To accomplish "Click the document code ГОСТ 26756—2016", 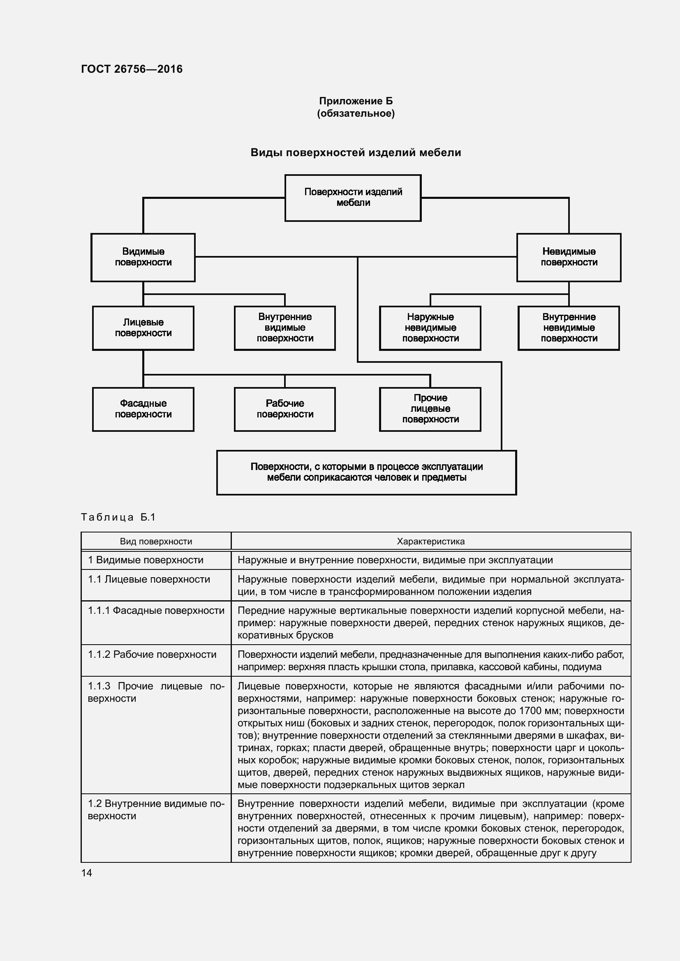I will pyautogui.click(x=132, y=69).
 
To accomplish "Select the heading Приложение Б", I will pyautogui.click(x=356, y=101).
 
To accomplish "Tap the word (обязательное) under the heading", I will pyautogui.click(x=356, y=113).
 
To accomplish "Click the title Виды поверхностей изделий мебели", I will pyautogui.click(x=356, y=153).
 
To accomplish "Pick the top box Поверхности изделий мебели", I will pyautogui.click(x=353, y=198).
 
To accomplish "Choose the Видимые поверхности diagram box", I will pyautogui.click(x=143, y=257).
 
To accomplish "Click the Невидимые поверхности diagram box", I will pyautogui.click(x=569, y=257).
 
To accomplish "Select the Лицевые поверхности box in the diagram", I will pyautogui.click(x=143, y=328).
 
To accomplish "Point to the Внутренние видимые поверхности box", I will pyautogui.click(x=285, y=328).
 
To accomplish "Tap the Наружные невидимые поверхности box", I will pyautogui.click(x=430, y=328).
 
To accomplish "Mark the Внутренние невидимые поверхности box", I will pyautogui.click(x=569, y=328).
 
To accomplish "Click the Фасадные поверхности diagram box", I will pyautogui.click(x=143, y=409).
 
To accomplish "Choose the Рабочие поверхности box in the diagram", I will pyautogui.click(x=285, y=409).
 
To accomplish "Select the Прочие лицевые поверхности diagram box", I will pyautogui.click(x=430, y=409).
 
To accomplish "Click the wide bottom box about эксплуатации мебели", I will pyautogui.click(x=366, y=472).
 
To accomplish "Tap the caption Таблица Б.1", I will pyautogui.click(x=118, y=517).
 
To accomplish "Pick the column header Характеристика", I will pyautogui.click(x=430, y=541).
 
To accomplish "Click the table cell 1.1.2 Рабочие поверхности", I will pyautogui.click(x=152, y=654).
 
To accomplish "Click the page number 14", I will pyautogui.click(x=87, y=873).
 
